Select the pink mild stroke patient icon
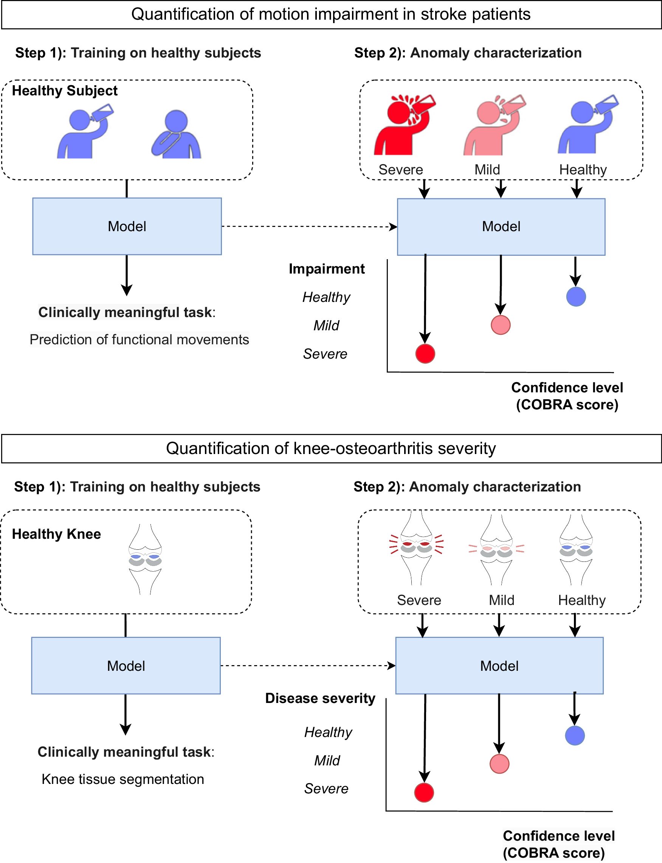(493, 126)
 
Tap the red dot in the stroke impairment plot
(425, 353)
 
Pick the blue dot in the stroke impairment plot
(576, 297)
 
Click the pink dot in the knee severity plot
(499, 763)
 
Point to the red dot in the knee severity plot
(424, 792)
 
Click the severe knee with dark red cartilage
(416, 548)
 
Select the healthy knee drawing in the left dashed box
(145, 559)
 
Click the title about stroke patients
(331, 14)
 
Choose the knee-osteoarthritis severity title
(331, 448)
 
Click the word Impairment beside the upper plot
(327, 269)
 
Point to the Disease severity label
(320, 698)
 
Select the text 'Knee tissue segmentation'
(123, 779)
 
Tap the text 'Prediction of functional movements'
(139, 339)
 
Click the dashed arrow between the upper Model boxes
(309, 227)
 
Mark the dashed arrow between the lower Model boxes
(308, 666)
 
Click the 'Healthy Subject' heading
(65, 91)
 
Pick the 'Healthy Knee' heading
(56, 534)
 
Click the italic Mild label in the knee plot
(327, 760)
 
